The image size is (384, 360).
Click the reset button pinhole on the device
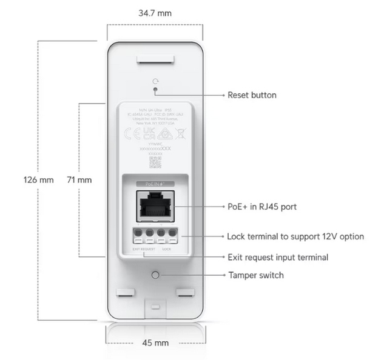click(x=156, y=91)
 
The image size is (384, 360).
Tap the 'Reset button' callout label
click(x=252, y=95)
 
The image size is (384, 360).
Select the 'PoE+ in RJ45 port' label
click(x=261, y=207)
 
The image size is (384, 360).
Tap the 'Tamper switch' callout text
click(x=255, y=275)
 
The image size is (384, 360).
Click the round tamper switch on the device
click(x=156, y=275)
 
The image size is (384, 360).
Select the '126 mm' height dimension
click(x=39, y=180)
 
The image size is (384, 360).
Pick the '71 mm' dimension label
click(x=79, y=180)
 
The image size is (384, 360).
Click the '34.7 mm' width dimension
click(x=155, y=12)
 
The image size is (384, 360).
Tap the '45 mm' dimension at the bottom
click(x=155, y=343)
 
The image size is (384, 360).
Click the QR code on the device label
click(x=155, y=162)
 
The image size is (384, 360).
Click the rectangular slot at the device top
click(x=156, y=60)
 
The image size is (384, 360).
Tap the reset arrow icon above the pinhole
click(x=156, y=82)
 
